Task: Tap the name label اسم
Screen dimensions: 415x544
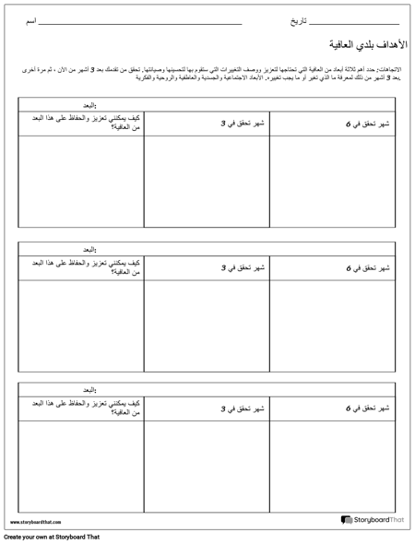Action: [32, 18]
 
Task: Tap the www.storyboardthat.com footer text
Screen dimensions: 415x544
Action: [38, 523]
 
